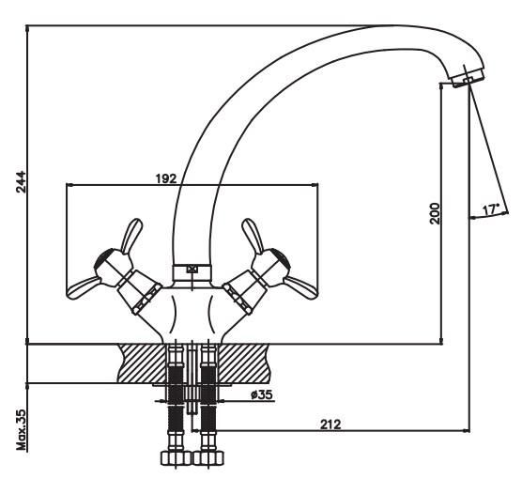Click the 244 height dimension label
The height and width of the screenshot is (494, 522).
pos(21,182)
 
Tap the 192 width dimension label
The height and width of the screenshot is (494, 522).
pos(166,178)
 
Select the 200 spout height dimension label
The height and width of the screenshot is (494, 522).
pos(435,213)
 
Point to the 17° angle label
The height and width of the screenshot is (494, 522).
pos(491,209)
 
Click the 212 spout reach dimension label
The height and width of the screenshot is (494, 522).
pos(330,425)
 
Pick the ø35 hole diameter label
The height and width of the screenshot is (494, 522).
pos(262,394)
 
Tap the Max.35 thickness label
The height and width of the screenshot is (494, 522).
pos(21,430)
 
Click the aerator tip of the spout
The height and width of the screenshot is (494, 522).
pos(467,77)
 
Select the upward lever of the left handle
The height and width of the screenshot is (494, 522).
pos(131,236)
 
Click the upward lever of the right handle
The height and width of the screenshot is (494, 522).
pos(253,236)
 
